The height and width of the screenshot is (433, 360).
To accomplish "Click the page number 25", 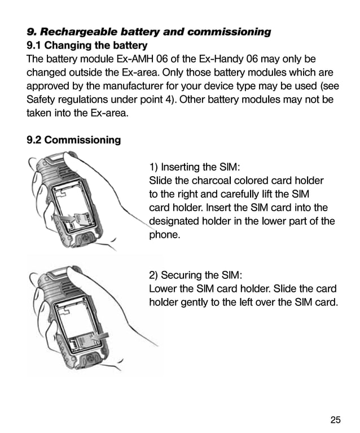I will (x=335, y=419).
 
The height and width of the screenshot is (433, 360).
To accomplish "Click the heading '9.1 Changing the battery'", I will (x=87, y=45).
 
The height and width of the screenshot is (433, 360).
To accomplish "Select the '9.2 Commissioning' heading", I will (x=73, y=140).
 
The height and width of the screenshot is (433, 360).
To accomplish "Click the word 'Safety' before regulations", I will (x=41, y=99).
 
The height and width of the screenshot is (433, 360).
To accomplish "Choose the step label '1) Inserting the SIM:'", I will (x=195, y=167).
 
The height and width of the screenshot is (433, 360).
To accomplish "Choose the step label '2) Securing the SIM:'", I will (x=195, y=275).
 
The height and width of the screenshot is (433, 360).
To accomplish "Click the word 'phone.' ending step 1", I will (x=164, y=235).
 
